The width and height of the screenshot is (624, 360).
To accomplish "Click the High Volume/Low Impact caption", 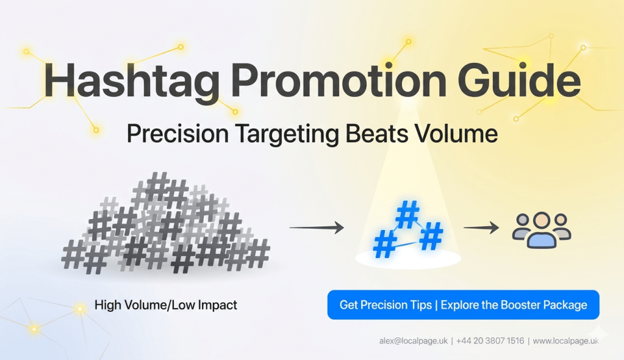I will click(166, 304).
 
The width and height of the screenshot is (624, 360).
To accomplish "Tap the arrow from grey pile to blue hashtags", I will click(316, 228).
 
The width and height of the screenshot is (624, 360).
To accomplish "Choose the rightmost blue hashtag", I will click(431, 236).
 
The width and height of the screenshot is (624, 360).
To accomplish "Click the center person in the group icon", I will click(542, 231).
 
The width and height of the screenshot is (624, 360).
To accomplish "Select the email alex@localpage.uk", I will click(412, 340).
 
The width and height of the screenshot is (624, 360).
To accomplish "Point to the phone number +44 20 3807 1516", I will click(490, 340).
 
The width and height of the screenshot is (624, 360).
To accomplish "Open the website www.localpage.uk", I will click(565, 340).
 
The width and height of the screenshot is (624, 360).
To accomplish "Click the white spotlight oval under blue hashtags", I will click(409, 259).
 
